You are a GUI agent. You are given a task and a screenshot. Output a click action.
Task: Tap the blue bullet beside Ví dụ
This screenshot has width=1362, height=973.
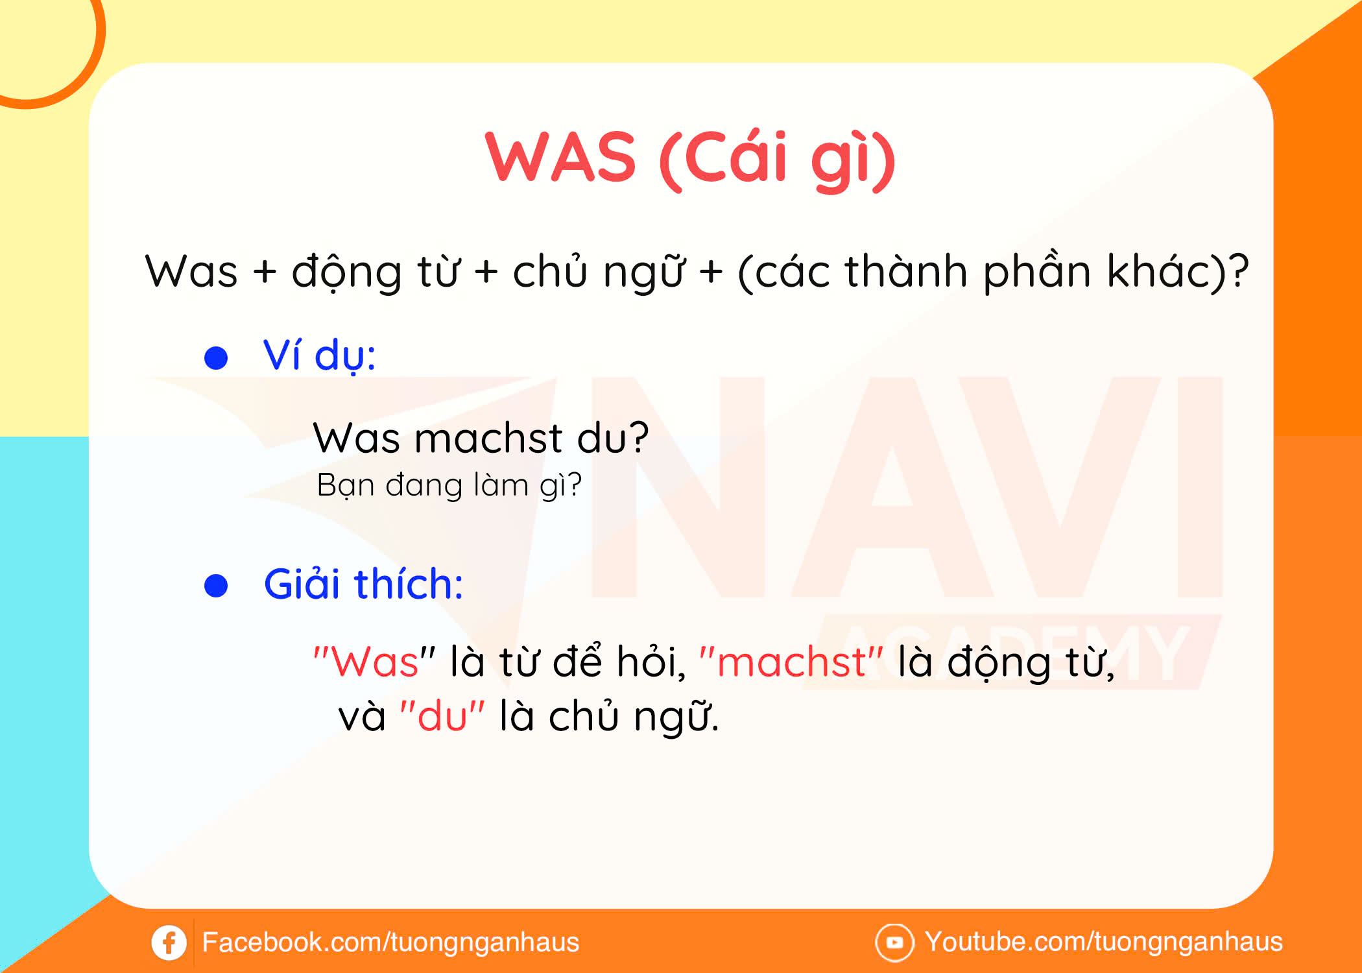click(x=216, y=357)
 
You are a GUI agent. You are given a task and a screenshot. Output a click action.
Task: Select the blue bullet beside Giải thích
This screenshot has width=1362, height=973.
click(x=216, y=585)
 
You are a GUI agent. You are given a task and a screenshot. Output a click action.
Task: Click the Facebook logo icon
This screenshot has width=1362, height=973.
click(x=169, y=942)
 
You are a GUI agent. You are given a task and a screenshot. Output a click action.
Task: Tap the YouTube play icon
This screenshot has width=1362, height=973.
click(x=894, y=942)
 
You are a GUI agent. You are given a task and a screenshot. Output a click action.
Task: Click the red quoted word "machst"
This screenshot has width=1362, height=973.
click(x=791, y=662)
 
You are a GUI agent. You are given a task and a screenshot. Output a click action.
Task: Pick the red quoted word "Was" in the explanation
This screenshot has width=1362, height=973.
click(x=374, y=662)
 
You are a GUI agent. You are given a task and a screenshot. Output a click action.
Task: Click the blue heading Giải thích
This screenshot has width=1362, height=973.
click(x=363, y=584)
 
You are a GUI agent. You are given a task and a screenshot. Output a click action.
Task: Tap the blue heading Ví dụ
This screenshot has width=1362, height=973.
click(x=319, y=356)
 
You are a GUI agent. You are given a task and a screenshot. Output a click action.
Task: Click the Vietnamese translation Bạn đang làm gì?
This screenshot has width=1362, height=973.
click(x=449, y=485)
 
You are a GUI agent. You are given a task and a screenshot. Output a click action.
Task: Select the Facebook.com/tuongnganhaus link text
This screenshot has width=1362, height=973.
click(x=390, y=943)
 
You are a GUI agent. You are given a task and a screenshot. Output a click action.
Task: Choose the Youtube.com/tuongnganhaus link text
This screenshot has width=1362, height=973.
click(x=1104, y=942)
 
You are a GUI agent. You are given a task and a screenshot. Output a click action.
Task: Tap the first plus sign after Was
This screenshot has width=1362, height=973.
click(x=265, y=271)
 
